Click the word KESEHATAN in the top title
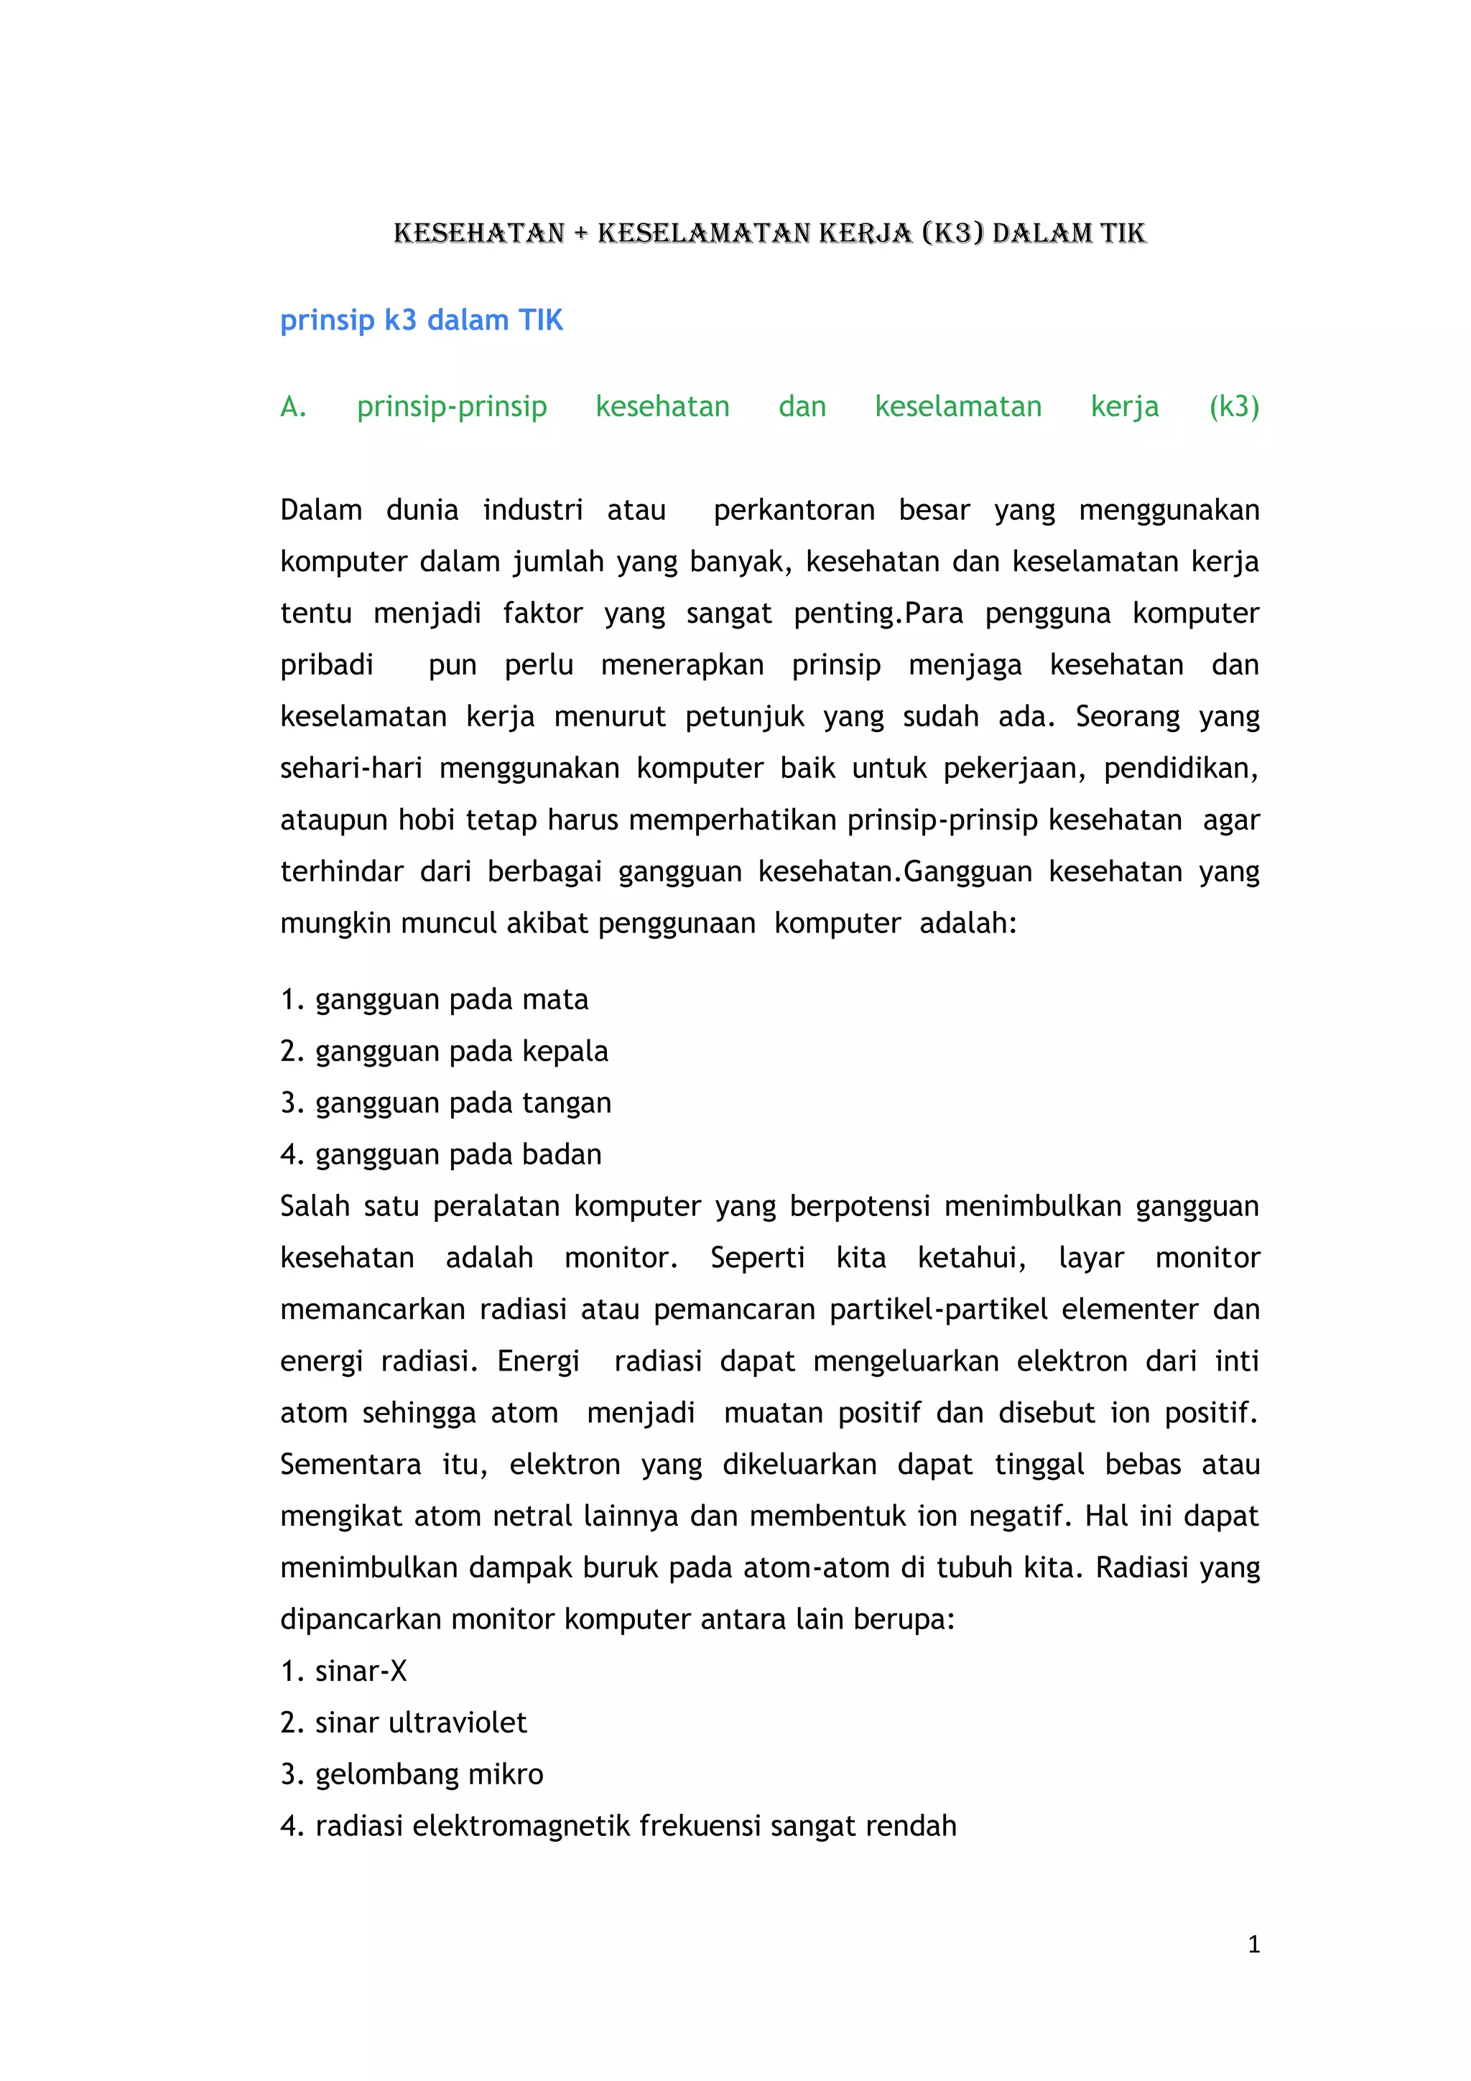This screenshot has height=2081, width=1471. tap(478, 234)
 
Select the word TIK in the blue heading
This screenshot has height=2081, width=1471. tap(540, 320)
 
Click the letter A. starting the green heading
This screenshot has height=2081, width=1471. tap(293, 407)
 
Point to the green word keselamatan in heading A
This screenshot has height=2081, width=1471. tap(958, 407)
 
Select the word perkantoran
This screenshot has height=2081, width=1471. tap(794, 510)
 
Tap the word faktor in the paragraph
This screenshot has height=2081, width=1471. tap(542, 613)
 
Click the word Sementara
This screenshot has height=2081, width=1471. tap(350, 1465)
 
